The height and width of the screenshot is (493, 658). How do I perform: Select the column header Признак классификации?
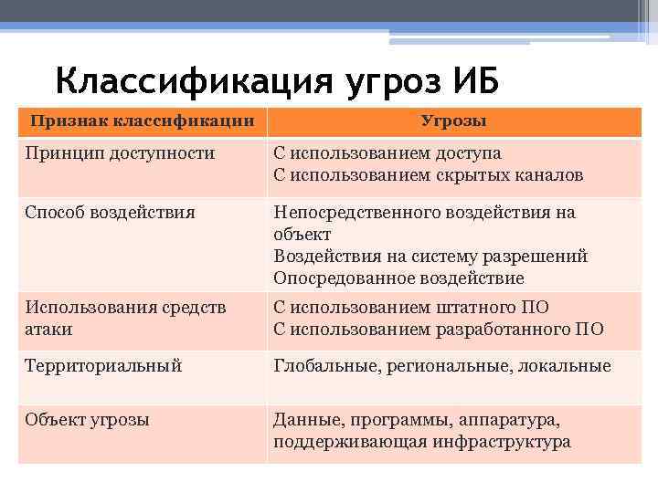[142, 121]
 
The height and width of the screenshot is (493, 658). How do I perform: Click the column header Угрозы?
[453, 121]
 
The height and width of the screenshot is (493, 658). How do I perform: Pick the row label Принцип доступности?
[121, 153]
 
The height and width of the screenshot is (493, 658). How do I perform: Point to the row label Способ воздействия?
[111, 213]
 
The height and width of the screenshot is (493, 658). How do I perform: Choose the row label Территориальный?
[104, 366]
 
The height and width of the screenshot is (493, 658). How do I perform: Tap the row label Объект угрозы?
[88, 420]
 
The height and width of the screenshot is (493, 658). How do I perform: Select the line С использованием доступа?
[387, 153]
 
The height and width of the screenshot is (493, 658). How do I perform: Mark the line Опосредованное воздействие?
[398, 278]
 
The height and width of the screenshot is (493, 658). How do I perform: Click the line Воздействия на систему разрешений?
[430, 256]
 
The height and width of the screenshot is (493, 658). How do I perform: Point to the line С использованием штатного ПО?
[411, 308]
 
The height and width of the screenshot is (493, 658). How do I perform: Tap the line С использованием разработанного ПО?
[438, 329]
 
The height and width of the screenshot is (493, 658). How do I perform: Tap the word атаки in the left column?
[49, 329]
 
